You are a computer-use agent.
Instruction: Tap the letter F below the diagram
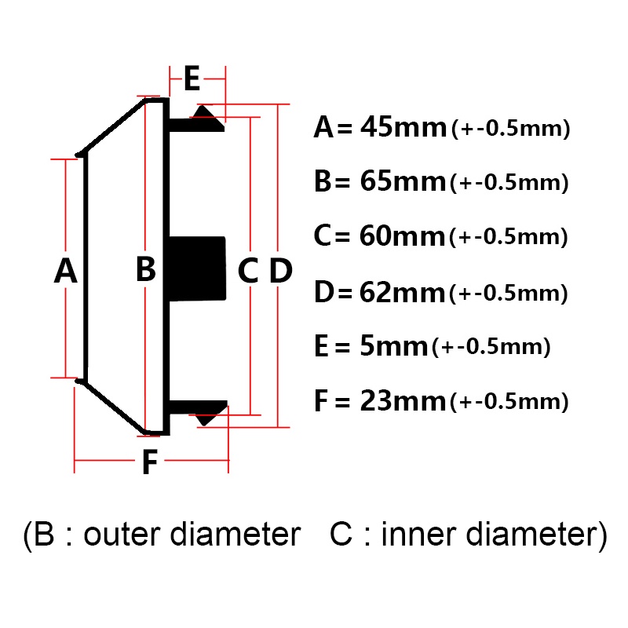click(x=150, y=462)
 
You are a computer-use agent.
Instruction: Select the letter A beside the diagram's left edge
click(x=66, y=271)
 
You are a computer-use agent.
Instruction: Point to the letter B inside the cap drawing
click(x=146, y=268)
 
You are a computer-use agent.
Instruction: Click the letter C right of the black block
click(x=248, y=271)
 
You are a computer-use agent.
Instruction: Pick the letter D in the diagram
click(x=281, y=271)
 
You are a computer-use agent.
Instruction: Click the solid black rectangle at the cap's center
click(x=197, y=268)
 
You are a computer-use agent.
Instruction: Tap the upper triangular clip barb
click(x=207, y=118)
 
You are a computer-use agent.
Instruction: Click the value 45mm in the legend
click(x=403, y=127)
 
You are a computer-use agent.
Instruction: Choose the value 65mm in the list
click(x=403, y=181)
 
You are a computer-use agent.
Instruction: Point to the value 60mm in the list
click(x=402, y=235)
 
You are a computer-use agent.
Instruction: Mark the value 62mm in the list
click(x=402, y=292)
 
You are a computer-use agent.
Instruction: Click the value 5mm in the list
click(x=394, y=346)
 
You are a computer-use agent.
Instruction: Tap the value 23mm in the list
click(x=403, y=400)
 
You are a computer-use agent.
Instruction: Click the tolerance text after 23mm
click(x=509, y=402)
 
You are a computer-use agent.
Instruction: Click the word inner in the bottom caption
click(x=418, y=534)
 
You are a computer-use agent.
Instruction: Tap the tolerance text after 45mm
click(x=511, y=129)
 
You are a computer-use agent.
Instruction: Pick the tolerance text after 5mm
click(x=491, y=347)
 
